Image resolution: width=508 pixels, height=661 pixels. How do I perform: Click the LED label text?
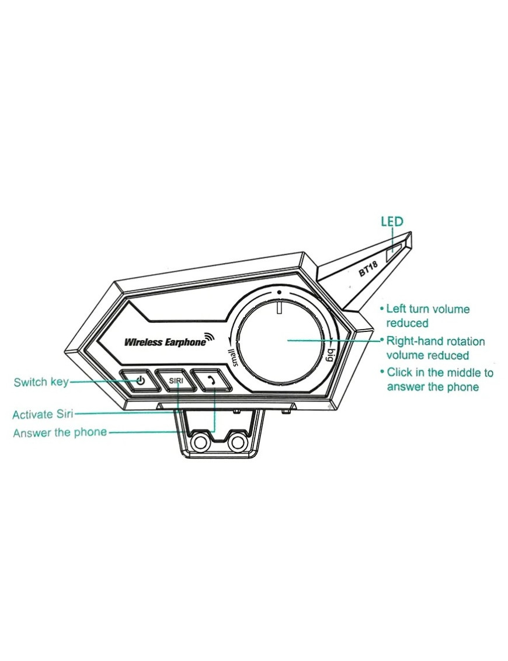pos(392,222)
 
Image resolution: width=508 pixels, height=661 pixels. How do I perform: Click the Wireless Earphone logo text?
pos(165,342)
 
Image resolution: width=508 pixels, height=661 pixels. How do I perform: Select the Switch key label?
pos(41,382)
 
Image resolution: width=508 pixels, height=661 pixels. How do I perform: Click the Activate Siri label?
pos(43,415)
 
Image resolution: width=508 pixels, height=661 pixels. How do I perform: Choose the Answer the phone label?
pos(60,433)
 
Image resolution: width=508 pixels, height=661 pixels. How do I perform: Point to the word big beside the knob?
pos(330,354)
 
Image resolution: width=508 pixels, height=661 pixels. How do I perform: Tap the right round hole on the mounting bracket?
pos(236,442)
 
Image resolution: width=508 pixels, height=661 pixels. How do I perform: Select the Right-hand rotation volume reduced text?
pos(435,348)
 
